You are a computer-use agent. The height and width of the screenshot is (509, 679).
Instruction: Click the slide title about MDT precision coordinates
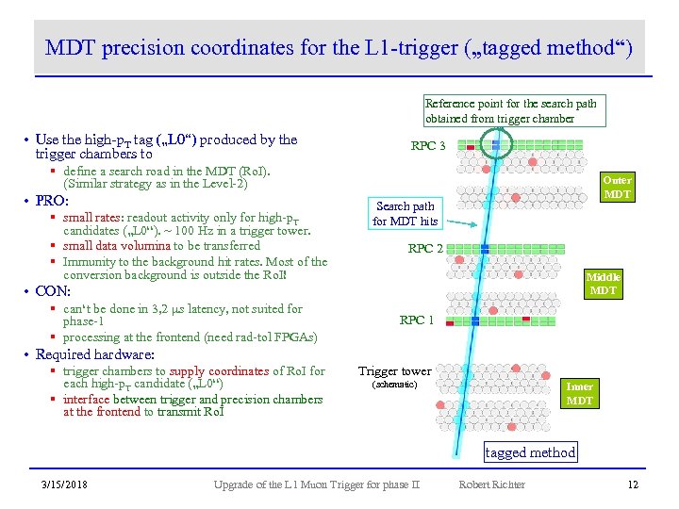click(x=339, y=47)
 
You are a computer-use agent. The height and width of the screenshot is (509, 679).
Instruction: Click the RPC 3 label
click(x=428, y=146)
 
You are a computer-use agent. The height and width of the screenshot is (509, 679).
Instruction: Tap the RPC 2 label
click(x=426, y=249)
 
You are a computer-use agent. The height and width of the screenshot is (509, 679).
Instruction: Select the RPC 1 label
click(x=417, y=320)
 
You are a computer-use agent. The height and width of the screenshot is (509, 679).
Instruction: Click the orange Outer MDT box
click(x=617, y=187)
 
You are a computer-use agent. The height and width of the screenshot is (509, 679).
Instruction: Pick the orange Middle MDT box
click(x=603, y=284)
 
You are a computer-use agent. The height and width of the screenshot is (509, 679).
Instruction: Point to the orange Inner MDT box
click(x=579, y=393)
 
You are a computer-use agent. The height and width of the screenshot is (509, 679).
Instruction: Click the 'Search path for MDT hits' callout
click(x=405, y=213)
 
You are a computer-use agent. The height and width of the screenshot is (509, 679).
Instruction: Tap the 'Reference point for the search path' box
click(x=510, y=110)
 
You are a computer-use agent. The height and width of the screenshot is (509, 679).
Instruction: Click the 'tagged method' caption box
click(x=529, y=452)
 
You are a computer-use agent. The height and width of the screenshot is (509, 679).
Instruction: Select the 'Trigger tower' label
click(x=394, y=371)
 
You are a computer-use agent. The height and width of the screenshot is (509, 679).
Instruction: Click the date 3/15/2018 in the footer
click(x=65, y=484)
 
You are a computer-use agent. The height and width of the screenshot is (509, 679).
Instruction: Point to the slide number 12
click(x=633, y=484)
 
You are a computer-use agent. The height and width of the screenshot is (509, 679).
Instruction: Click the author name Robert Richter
click(x=491, y=484)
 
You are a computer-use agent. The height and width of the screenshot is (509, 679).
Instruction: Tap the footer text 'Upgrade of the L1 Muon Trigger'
click(x=316, y=484)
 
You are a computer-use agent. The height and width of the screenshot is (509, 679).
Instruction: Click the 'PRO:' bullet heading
click(x=52, y=201)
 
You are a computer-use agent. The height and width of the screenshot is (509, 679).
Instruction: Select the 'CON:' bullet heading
click(x=53, y=291)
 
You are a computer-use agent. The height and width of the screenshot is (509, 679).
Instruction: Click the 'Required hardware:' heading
click(x=94, y=354)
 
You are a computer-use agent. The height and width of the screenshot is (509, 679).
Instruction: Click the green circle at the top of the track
click(x=497, y=143)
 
